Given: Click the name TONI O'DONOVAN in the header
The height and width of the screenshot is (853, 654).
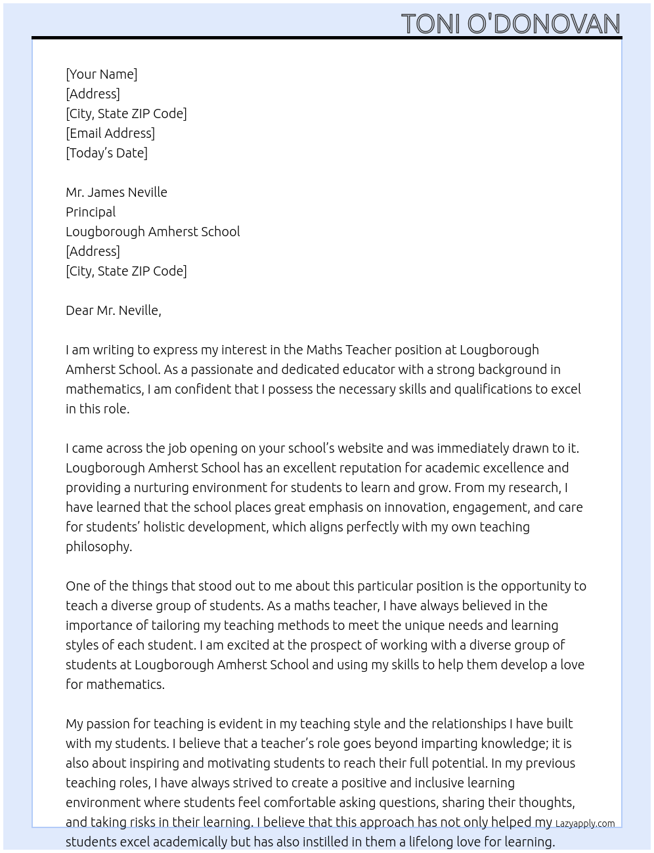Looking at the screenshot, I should [x=510, y=24].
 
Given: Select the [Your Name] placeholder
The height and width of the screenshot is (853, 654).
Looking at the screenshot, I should [x=101, y=74].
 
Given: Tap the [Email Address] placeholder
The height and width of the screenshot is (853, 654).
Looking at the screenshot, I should [x=110, y=133].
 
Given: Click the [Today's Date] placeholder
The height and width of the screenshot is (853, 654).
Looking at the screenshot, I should [x=106, y=153].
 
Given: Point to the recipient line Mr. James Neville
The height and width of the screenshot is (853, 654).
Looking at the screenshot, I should [x=116, y=192].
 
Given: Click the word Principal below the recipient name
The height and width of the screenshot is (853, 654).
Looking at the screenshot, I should [x=91, y=212].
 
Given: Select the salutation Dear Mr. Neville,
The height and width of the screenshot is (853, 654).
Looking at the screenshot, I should [x=113, y=310].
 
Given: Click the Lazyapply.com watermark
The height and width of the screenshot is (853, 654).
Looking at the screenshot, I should [x=585, y=823].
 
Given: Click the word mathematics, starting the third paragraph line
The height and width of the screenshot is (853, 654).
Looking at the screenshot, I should [x=104, y=389].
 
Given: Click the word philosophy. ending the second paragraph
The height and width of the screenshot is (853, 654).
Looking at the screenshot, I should [x=98, y=547].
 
